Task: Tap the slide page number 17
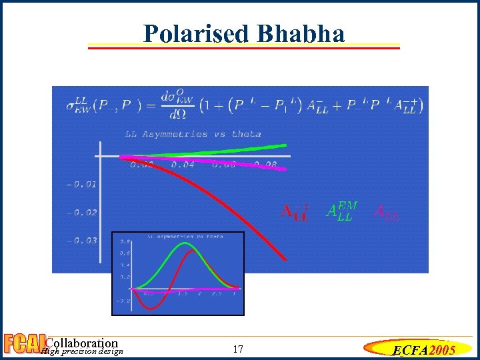(239, 349)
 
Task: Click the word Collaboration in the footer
(81, 343)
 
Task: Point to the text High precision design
(81, 351)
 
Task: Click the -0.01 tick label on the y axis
(81, 183)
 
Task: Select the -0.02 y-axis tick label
(81, 212)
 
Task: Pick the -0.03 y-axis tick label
(81, 240)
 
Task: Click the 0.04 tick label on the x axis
(183, 164)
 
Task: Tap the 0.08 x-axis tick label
(265, 164)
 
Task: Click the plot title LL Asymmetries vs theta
(193, 134)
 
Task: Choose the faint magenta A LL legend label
(387, 212)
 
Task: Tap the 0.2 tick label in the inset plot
(125, 276)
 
